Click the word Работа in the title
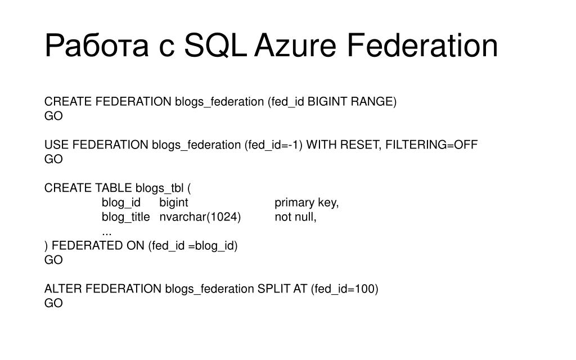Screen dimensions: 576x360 [96, 46]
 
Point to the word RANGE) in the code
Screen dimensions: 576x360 [374, 102]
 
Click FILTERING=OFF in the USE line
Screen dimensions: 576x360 [431, 145]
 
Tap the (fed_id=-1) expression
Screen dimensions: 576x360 [273, 145]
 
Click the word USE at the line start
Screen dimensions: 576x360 [56, 145]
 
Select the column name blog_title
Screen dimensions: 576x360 [125, 217]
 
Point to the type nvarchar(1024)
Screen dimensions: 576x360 [200, 217]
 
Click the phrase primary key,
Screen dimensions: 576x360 [307, 202]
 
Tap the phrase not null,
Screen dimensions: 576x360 [295, 217]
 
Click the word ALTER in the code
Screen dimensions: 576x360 [63, 289]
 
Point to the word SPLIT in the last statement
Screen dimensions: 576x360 [273, 289]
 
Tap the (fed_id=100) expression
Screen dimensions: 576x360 [344, 289]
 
